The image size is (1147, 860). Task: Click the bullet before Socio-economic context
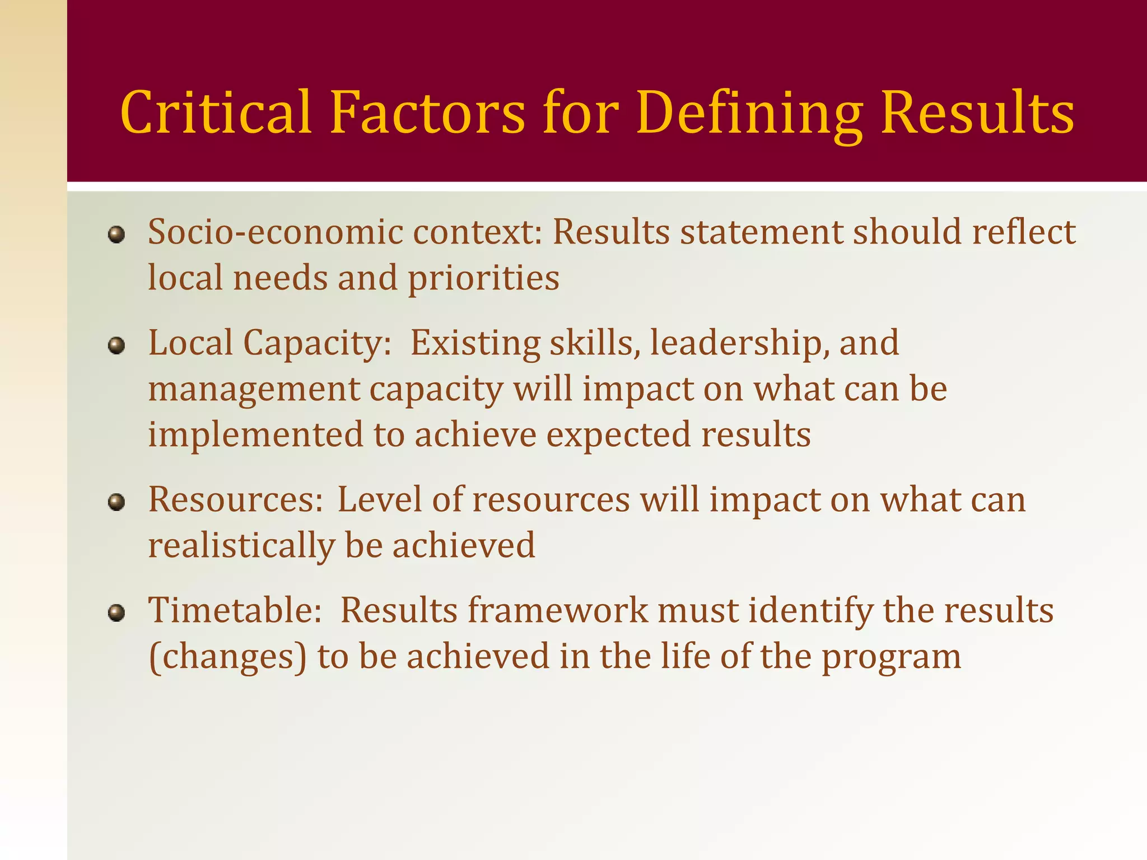click(x=116, y=235)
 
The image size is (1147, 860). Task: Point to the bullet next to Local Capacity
click(x=116, y=346)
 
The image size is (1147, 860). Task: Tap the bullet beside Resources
click(x=116, y=502)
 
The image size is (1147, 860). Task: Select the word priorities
click(x=483, y=278)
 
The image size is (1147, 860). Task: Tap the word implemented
click(x=255, y=435)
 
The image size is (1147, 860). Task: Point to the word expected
click(x=618, y=435)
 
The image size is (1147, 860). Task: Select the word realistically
click(x=241, y=545)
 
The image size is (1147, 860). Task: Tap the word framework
click(x=558, y=610)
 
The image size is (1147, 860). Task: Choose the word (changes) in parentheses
click(x=228, y=657)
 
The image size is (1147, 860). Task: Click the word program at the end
click(x=891, y=657)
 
